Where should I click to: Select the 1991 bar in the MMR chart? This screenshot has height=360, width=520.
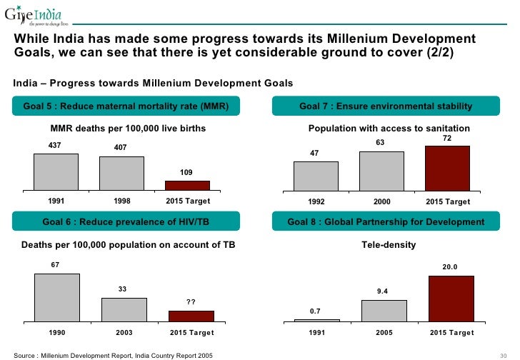56,171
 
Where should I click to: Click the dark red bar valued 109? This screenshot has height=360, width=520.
187,185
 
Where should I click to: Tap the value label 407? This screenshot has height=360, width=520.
121,149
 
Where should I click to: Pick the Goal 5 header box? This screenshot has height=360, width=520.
126,106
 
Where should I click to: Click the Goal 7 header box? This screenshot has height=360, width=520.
386,106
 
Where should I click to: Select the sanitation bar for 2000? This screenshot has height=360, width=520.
381,171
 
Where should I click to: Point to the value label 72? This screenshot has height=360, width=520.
447,137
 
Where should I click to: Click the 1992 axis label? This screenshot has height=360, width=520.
316,202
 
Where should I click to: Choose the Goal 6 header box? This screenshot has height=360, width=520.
126,222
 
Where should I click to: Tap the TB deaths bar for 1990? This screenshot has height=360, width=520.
57,298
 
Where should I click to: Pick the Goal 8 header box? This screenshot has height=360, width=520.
386,222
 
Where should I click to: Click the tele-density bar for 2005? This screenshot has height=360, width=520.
384,311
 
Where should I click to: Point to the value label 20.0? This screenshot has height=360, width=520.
450,267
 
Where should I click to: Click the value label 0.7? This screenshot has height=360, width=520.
315,311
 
